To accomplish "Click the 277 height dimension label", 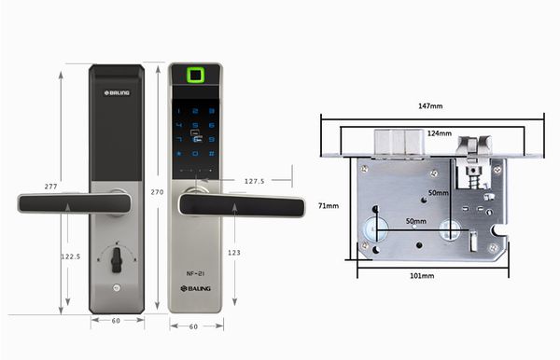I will (50, 187).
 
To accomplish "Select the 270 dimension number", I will (157, 191).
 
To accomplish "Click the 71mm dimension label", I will (327, 205).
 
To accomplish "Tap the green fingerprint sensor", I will (196, 76).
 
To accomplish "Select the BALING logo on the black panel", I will (118, 91).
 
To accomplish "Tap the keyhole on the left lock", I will (117, 259).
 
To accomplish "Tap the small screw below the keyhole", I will (117, 289).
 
